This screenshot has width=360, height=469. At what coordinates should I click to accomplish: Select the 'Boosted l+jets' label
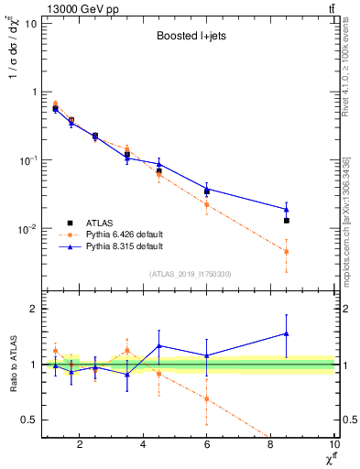(189, 38)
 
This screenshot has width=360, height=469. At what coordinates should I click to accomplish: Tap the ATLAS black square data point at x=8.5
(287, 221)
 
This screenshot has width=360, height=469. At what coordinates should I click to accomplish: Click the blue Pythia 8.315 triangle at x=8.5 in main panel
(287, 209)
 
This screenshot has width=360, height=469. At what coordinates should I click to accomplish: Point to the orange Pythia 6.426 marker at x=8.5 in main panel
(287, 251)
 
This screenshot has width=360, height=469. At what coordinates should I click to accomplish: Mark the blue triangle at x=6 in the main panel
(207, 189)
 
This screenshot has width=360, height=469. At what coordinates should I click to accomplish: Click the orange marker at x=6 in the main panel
(207, 204)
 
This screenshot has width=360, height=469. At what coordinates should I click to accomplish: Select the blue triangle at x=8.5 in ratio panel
(287, 333)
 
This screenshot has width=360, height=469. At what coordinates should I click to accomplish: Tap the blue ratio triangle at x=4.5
(159, 346)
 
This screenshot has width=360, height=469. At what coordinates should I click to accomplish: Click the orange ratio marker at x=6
(207, 398)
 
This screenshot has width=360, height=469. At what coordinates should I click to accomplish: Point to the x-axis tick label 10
(334, 444)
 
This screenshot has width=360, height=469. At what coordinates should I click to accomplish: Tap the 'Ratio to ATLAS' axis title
(12, 365)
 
